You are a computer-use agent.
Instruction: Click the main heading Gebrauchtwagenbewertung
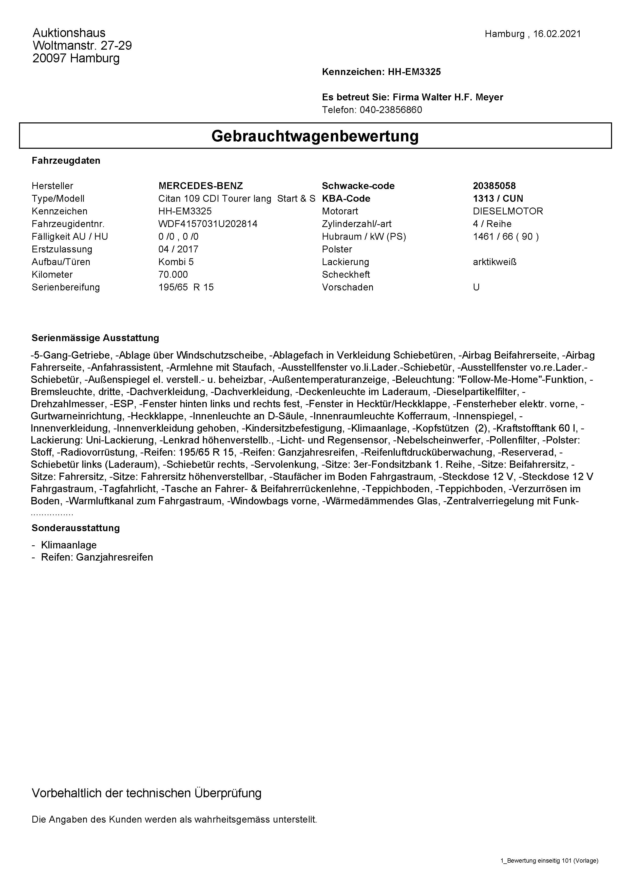tap(315, 136)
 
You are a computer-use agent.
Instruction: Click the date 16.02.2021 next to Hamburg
tap(557, 34)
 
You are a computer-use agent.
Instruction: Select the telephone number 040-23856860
tap(391, 110)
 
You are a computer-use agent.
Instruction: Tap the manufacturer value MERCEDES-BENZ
tap(200, 186)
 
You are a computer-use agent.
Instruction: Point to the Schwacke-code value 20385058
tap(494, 186)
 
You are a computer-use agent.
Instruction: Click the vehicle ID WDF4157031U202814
tap(208, 224)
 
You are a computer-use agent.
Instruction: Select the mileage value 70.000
tap(173, 274)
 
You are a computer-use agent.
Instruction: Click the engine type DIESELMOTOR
tap(508, 211)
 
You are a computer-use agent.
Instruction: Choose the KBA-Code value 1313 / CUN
tap(498, 199)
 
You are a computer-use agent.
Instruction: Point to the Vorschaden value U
tap(476, 287)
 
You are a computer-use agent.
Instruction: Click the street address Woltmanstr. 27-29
tap(82, 46)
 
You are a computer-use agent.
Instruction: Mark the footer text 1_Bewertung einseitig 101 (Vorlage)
tap(549, 860)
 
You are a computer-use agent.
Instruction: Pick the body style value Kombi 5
tap(176, 262)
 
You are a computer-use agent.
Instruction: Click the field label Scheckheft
tap(346, 274)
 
